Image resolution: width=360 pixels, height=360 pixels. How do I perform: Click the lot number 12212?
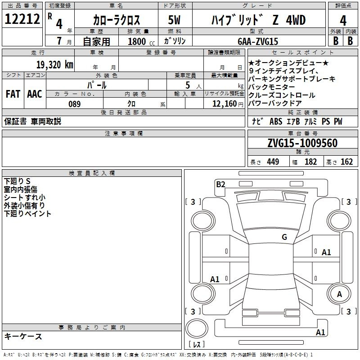point(22,18)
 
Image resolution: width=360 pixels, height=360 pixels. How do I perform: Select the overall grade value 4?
point(343,20)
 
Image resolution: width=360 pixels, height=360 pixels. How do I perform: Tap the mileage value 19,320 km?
point(54,65)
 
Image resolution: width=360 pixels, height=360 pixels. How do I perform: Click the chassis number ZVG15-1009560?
point(302,143)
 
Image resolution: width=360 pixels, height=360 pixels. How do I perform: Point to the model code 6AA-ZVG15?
point(258,41)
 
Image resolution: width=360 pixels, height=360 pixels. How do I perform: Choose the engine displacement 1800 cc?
point(141,41)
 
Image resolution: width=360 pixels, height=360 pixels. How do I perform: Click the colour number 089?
point(75,104)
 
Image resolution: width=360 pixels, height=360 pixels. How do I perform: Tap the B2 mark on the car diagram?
point(220,184)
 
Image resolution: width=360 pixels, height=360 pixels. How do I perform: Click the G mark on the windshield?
point(284,237)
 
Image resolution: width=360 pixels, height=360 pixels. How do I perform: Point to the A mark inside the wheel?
point(339,294)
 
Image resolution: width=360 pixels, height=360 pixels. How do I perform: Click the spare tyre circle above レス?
point(197,328)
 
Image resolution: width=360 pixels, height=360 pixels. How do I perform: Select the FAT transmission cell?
point(13,94)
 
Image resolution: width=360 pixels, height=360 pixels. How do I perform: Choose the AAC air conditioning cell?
point(35,94)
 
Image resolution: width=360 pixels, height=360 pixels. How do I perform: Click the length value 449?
point(273,162)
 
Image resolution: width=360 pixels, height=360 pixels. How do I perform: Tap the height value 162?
point(346,162)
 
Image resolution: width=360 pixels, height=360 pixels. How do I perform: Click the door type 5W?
point(174,20)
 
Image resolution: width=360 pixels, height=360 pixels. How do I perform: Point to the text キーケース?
point(23,336)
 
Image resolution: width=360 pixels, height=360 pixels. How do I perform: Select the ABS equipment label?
point(276,121)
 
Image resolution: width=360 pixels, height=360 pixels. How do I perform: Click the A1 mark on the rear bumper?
point(320,332)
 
